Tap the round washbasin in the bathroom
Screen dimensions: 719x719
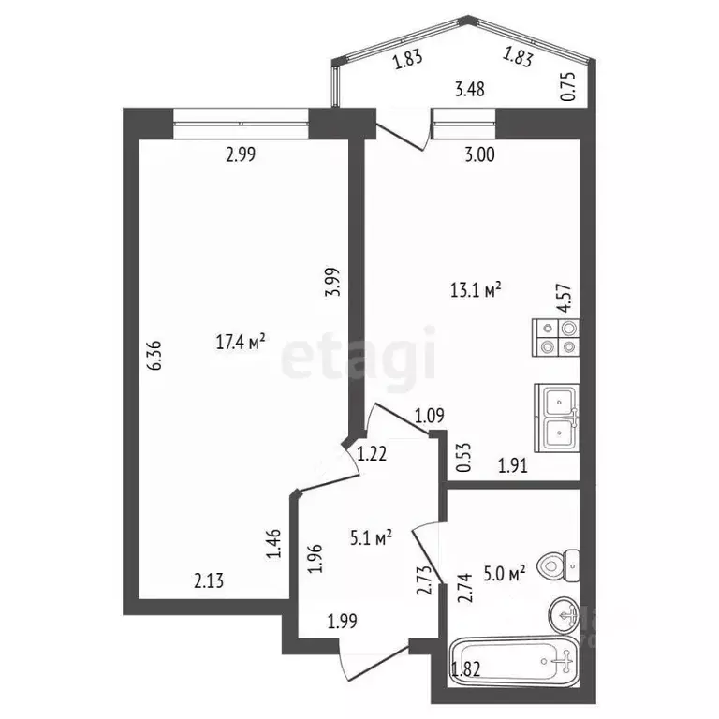(x=564, y=614)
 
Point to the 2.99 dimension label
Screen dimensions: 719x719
(x=241, y=155)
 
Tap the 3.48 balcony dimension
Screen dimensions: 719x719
(x=469, y=90)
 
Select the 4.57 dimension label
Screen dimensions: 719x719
(x=564, y=309)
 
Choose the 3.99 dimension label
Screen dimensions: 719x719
(x=330, y=281)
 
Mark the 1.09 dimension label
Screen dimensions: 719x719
(x=428, y=416)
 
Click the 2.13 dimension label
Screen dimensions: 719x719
(x=209, y=581)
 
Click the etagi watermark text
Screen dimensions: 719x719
(x=359, y=356)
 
